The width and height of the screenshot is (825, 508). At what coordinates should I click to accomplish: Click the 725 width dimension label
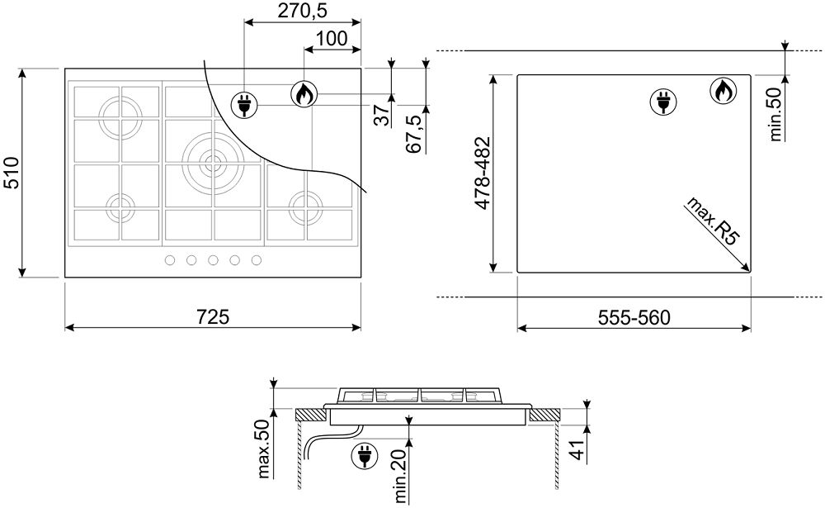(x=213, y=316)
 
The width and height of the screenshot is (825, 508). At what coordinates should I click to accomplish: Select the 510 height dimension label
(x=11, y=173)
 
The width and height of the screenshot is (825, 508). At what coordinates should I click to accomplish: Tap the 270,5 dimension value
(x=303, y=11)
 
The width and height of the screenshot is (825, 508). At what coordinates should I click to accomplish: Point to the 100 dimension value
(x=332, y=39)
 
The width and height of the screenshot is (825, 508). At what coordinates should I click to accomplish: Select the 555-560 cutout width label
(x=634, y=317)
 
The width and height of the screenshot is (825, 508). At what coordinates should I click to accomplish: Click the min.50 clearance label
(x=776, y=114)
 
